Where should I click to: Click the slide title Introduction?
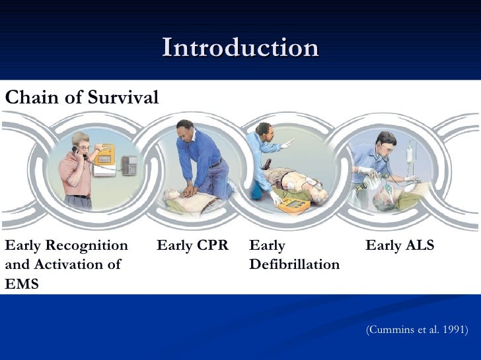tap(240, 48)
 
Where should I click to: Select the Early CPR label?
tap(192, 246)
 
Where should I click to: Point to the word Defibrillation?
tap(295, 265)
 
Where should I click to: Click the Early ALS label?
tap(400, 246)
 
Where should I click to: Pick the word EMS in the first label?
tap(22, 284)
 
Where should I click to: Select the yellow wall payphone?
tap(104, 160)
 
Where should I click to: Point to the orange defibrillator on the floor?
tap(293, 205)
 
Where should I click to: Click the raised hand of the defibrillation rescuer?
tap(286, 144)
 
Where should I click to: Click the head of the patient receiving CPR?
tap(172, 195)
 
